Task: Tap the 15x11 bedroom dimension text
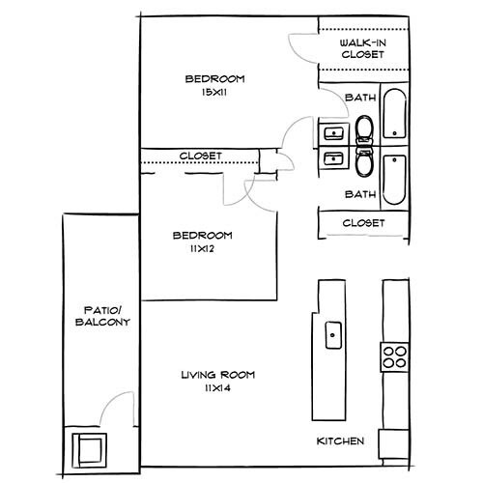[213, 92]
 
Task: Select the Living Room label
[215, 375]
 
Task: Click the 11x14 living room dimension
[215, 388]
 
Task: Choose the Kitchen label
[341, 441]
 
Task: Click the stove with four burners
[394, 356]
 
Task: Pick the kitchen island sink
[333, 334]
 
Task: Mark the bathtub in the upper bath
[394, 117]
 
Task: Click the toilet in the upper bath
[363, 128]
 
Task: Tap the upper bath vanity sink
[334, 133]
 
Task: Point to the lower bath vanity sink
[334, 158]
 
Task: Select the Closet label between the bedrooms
[201, 156]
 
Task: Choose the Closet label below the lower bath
[364, 223]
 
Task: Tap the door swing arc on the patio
[116, 406]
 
